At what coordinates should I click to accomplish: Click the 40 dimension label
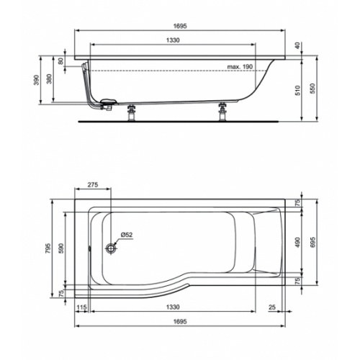pos(297,46)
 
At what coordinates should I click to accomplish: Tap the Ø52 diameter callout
pos(125,235)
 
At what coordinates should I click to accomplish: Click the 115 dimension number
pos(81,308)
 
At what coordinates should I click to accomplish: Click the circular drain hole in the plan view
pos(111,248)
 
